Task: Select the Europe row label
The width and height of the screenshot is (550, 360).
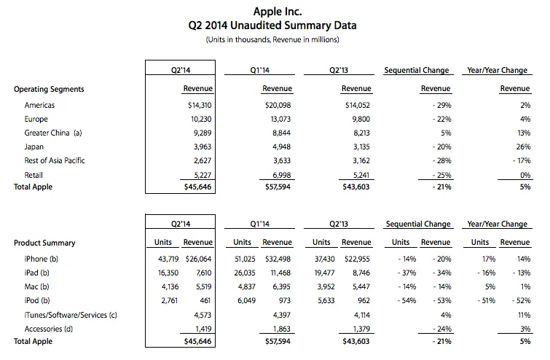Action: tap(36, 120)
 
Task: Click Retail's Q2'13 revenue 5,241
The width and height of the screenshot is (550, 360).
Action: tap(357, 175)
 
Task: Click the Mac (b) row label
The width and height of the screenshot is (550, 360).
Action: tap(36, 286)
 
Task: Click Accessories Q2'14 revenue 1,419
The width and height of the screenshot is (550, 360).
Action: tap(203, 327)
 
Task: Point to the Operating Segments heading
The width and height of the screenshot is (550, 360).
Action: tap(49, 89)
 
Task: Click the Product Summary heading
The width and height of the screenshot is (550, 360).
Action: tap(44, 243)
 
